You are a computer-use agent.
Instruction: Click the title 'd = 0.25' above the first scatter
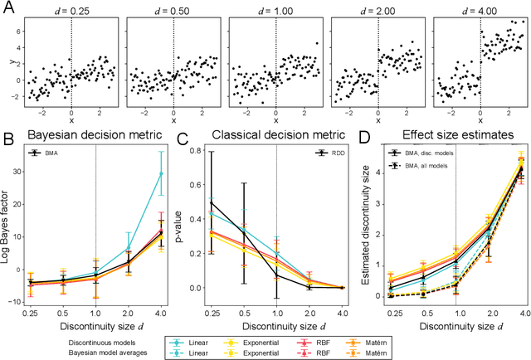tap(70, 9)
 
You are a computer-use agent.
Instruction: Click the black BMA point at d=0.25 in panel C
tap(212, 202)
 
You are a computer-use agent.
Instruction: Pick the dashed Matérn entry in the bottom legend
tap(469, 352)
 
